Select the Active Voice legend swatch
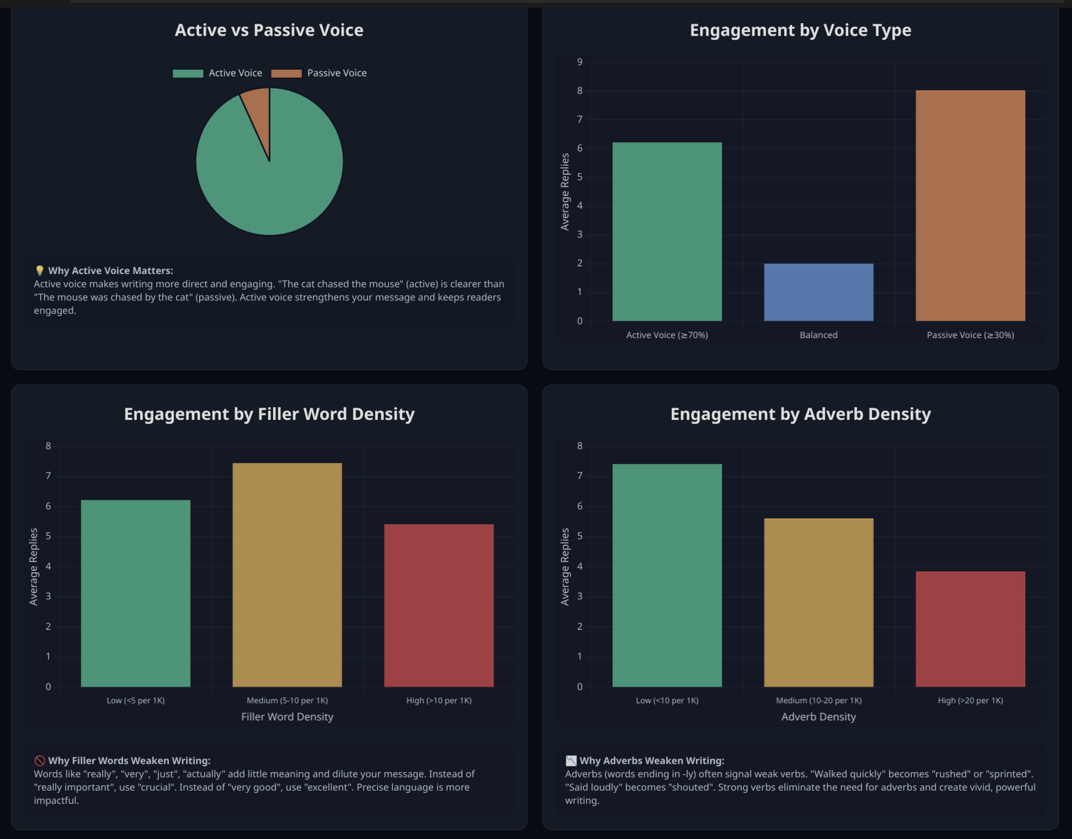[188, 73]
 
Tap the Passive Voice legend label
[337, 73]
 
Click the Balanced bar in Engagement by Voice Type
[818, 292]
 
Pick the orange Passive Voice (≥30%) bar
[970, 205]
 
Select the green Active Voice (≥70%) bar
[667, 232]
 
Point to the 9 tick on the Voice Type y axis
[580, 62]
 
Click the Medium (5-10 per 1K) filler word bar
[287, 575]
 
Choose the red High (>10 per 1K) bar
[439, 605]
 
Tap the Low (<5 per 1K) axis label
[136, 700]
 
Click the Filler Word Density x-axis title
[287, 717]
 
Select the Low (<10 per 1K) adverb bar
[667, 576]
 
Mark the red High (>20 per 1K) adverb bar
[970, 629]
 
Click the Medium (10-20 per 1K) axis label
[819, 700]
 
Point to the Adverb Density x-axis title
[819, 717]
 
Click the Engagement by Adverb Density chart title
[800, 414]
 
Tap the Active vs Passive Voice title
[269, 30]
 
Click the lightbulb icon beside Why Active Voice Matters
[40, 271]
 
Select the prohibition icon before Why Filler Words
[40, 761]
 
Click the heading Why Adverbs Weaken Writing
[651, 761]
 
